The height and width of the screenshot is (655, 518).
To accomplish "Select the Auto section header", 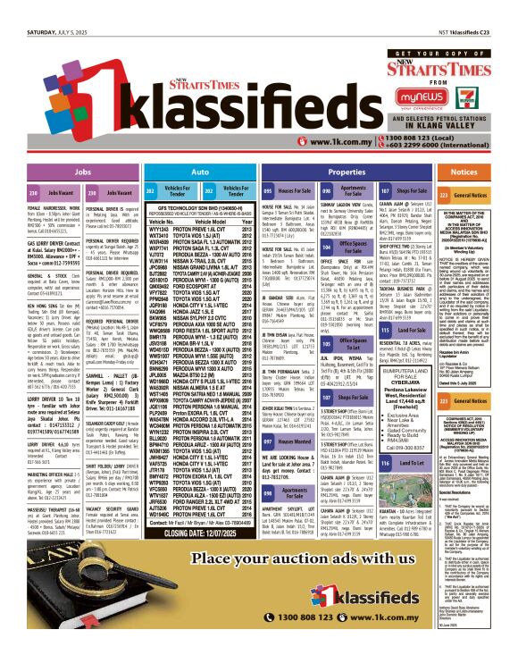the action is click(x=201, y=171).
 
